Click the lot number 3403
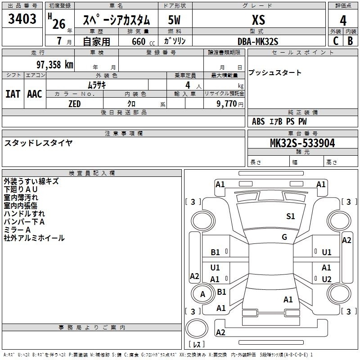pos(22,19)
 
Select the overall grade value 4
pos(343,21)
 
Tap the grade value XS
pos(258,20)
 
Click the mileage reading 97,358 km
pos(55,65)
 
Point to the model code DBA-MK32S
pos(258,41)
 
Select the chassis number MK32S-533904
pos(302,143)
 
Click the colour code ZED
pos(75,104)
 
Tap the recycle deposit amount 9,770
pos(227,104)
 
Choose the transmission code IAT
pos(13,94)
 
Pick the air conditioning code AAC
pos(35,94)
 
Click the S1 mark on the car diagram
pos(290,216)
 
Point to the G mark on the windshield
pos(284,237)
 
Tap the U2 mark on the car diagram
pos(327,279)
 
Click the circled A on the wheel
pos(202,294)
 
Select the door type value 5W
pos(174,20)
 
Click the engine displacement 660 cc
pos(143,42)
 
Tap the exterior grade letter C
pos(336,41)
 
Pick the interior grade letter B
pos(351,41)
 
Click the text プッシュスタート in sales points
pos(275,72)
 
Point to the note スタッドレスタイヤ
pos(38,143)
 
